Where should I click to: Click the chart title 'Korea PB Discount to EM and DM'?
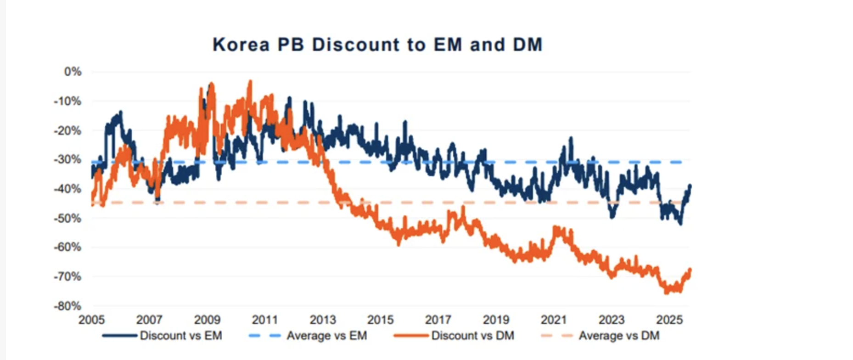click(377, 45)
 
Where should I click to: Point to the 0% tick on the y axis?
click(73, 72)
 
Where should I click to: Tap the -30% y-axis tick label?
click(67, 160)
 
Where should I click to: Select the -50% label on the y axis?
click(67, 218)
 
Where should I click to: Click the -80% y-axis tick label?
click(67, 306)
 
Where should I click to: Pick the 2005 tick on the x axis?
click(91, 320)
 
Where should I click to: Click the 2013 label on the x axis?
click(323, 320)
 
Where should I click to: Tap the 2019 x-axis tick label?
click(496, 320)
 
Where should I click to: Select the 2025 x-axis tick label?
click(669, 320)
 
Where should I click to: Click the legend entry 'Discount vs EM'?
click(180, 336)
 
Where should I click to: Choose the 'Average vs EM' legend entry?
click(326, 336)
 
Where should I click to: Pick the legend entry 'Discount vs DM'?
click(472, 336)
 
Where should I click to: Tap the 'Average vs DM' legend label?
click(618, 336)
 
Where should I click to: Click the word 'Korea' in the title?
click(241, 45)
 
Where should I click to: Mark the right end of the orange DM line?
click(690, 270)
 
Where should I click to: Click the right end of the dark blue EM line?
click(690, 186)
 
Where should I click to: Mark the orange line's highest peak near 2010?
click(250, 82)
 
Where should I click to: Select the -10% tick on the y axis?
click(67, 101)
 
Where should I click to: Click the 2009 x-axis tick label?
click(207, 320)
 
